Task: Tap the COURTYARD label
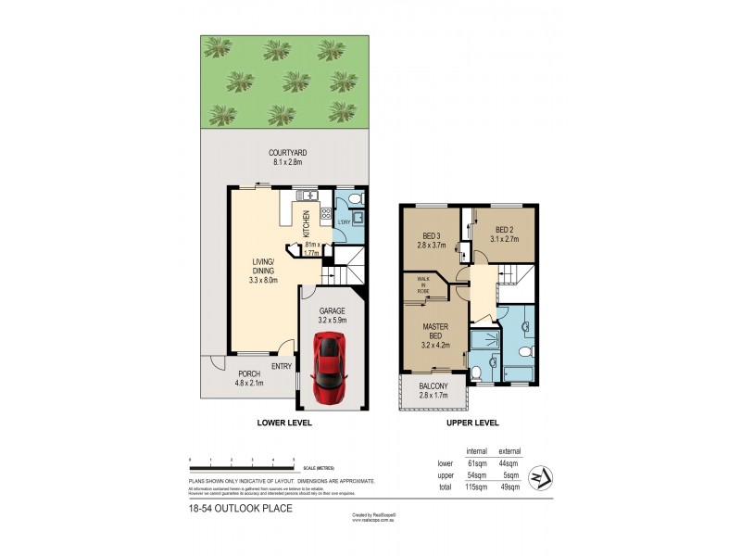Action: coord(288,153)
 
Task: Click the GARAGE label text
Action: coord(332,310)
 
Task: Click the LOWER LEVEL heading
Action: coord(284,422)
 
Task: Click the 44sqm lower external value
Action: coord(509,463)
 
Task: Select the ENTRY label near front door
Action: coord(282,365)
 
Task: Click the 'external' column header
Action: coord(509,451)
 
